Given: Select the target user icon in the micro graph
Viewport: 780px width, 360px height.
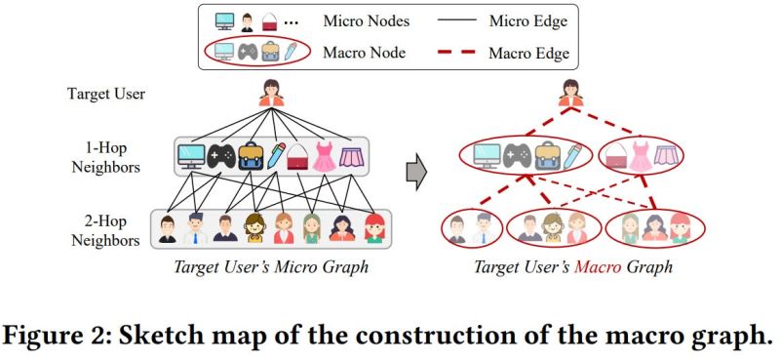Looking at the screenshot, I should pos(271,95).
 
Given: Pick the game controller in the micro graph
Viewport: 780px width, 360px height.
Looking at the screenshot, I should pos(221,155).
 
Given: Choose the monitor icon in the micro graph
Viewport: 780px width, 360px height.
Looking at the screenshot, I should pos(191,155).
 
